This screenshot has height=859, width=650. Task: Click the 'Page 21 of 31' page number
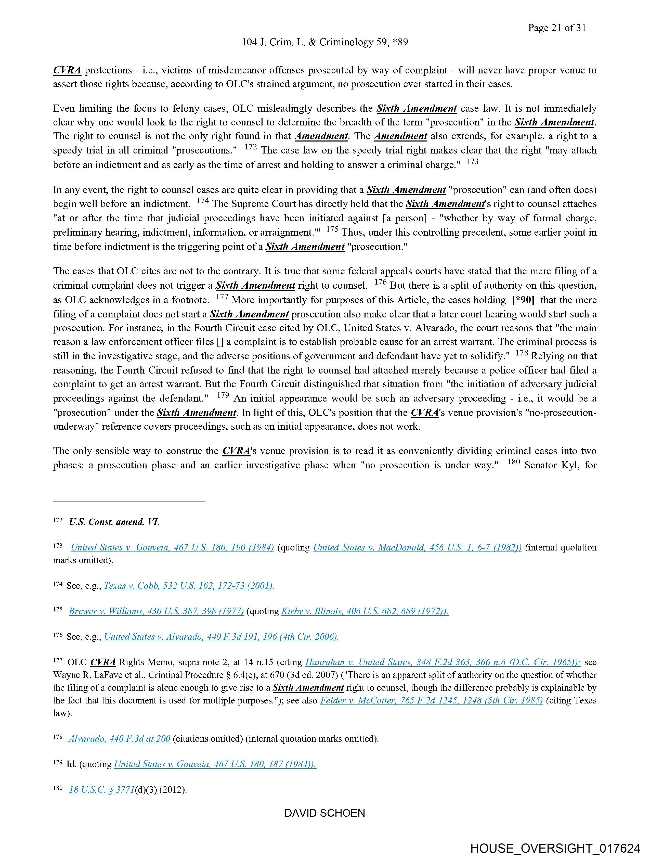coord(557,28)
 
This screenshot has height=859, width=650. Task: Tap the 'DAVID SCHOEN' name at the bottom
coord(324,813)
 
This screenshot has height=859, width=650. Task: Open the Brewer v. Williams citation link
coord(156,611)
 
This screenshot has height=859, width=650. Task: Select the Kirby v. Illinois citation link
coord(365,611)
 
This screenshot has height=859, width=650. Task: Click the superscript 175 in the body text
coord(332,229)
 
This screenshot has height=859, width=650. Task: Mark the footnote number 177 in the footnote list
coord(57,660)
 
